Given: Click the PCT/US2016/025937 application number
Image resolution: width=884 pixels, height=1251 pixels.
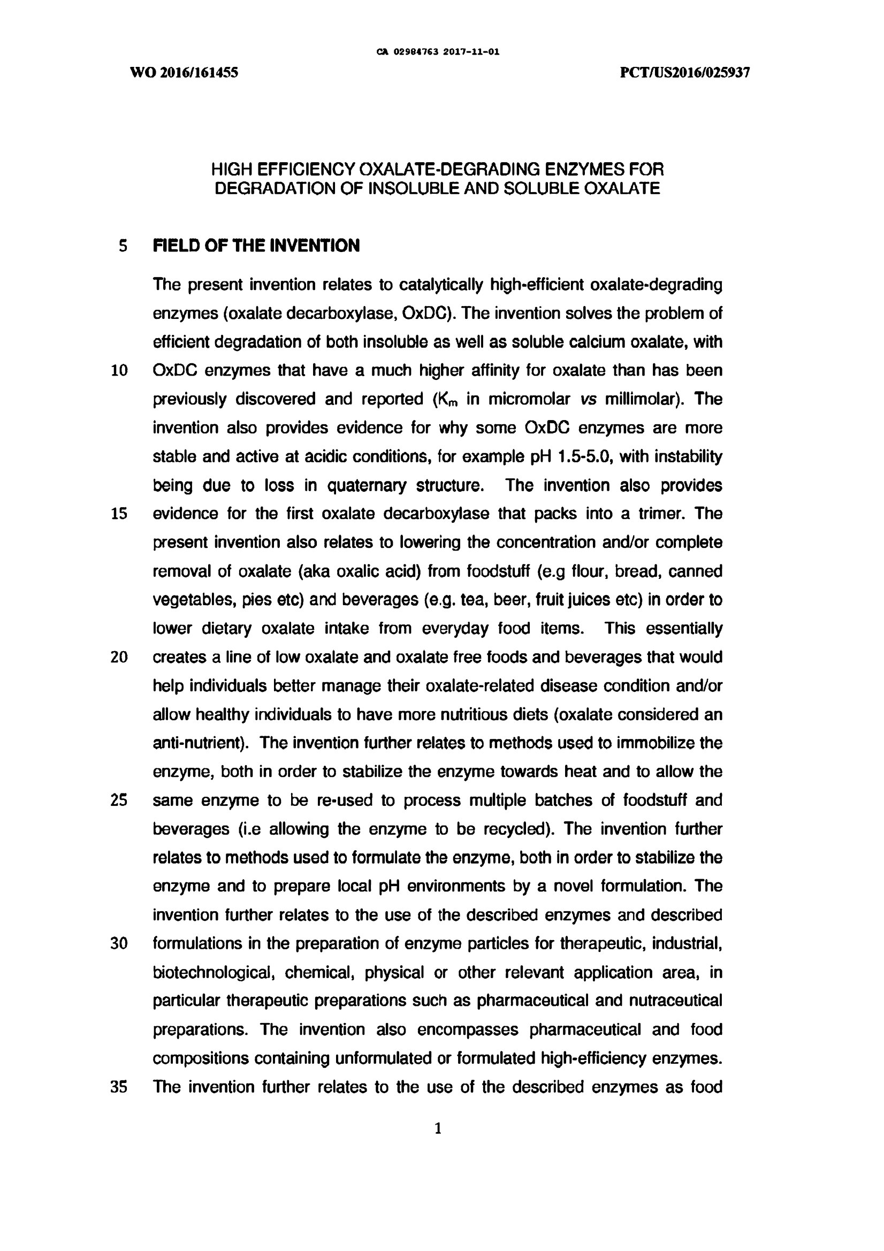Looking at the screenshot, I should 685,72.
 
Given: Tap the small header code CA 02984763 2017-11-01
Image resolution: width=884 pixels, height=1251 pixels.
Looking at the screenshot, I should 438,52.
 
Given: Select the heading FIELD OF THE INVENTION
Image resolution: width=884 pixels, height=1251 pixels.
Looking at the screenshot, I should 256,246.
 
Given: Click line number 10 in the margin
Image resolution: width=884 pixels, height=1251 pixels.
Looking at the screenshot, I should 119,371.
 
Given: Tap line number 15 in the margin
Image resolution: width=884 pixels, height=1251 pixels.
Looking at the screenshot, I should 119,514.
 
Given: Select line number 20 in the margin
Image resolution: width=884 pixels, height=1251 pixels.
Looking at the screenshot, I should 119,657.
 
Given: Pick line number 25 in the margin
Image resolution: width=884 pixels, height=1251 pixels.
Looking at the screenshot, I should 119,800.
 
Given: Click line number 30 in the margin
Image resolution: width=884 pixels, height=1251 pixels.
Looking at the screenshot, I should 119,944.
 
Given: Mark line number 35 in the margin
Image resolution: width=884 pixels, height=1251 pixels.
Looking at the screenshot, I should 119,1087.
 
